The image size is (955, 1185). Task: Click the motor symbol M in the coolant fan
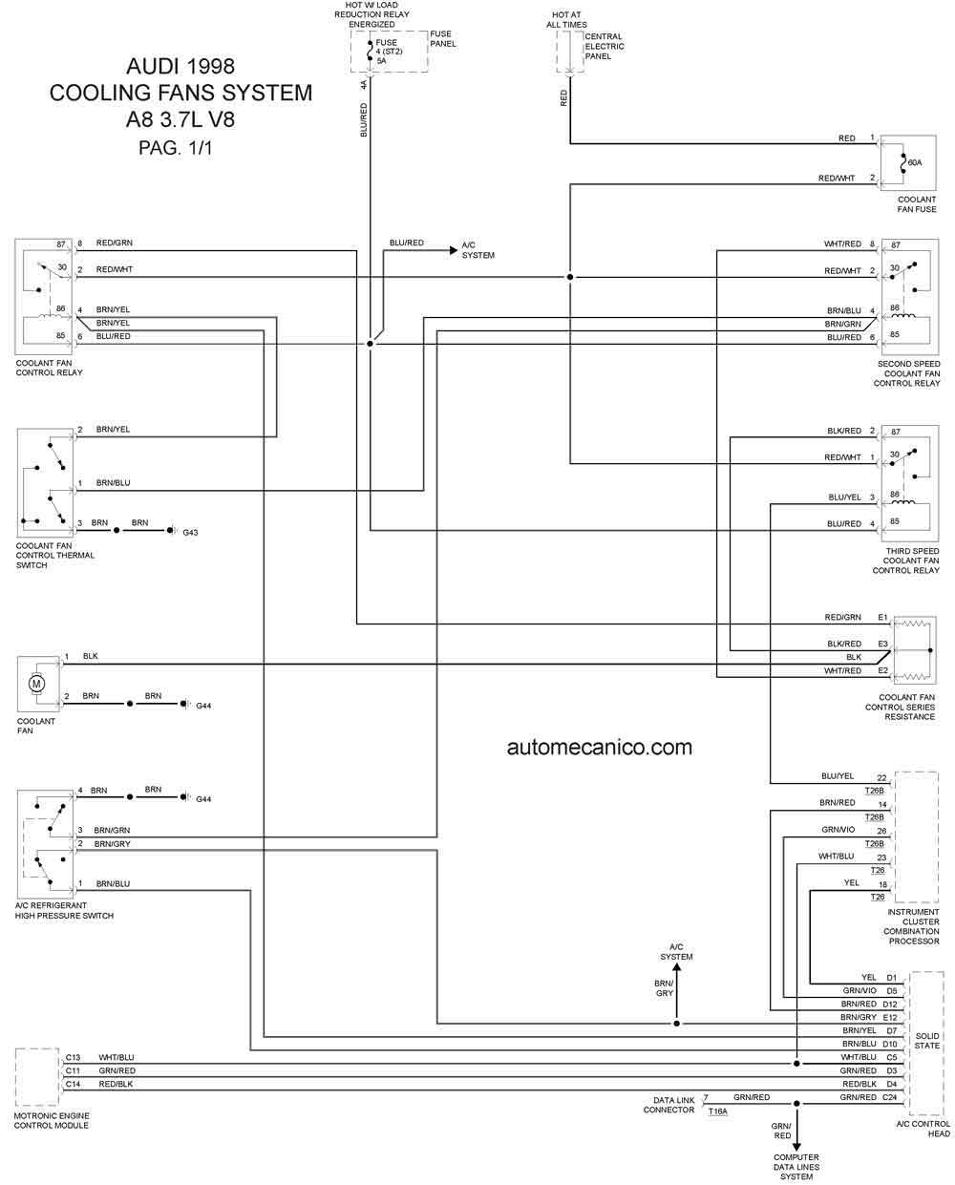pos(36,684)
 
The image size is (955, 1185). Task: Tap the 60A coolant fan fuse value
pos(914,162)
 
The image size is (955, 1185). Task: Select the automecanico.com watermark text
pos(599,748)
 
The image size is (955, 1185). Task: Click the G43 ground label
pos(190,533)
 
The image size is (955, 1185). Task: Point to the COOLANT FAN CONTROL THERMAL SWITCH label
pos(55,555)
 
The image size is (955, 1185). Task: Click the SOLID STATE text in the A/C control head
pos(927,1040)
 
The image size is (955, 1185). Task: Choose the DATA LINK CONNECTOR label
pos(668,1105)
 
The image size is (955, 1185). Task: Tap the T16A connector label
pos(717,1111)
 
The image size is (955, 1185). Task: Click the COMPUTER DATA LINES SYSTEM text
pos(796,1167)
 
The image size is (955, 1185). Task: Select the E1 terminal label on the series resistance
pos(882,617)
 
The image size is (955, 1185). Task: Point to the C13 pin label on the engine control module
pos(73,1057)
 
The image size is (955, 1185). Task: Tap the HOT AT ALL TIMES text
pos(566,20)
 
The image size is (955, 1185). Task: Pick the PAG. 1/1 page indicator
pos(175,148)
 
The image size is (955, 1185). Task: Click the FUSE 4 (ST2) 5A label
pos(389,52)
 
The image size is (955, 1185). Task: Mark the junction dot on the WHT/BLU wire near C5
pos(796,1064)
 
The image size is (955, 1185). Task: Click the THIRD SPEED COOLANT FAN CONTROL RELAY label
pos(906,561)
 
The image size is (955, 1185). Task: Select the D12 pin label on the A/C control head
pos(890,1004)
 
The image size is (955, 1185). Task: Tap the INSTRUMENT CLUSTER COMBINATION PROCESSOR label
pos(911,926)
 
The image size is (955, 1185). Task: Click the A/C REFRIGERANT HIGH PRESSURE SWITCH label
pos(64,910)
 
